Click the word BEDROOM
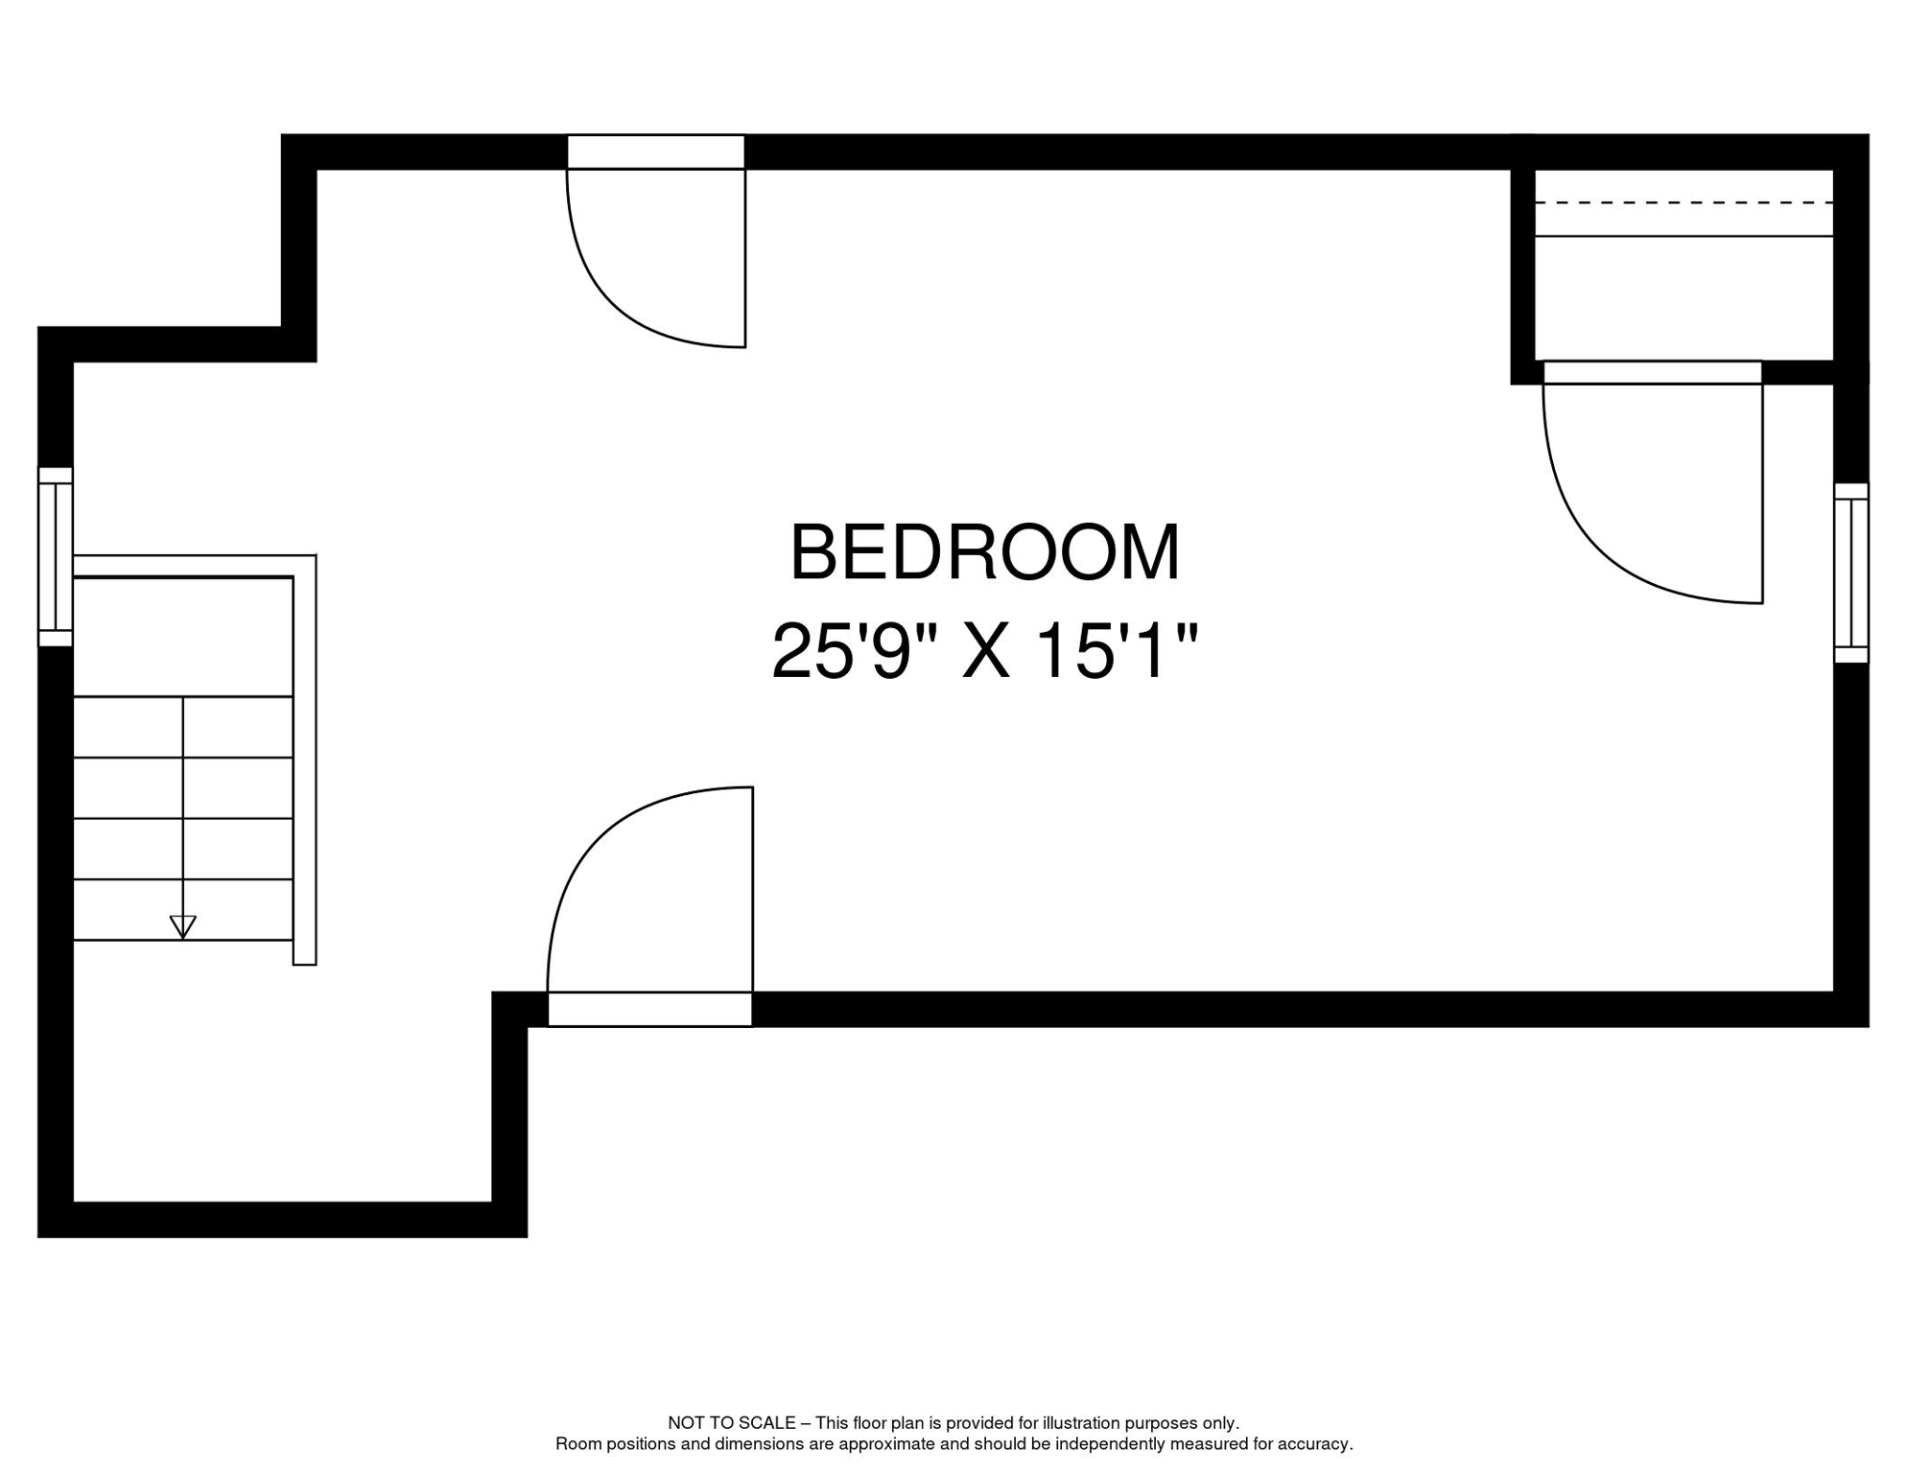click(x=984, y=553)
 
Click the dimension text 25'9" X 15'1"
click(x=984, y=652)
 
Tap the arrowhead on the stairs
click(x=182, y=926)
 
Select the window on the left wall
click(x=56, y=557)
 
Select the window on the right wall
click(x=1850, y=573)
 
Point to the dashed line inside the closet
click(x=1683, y=203)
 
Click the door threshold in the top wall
click(x=656, y=152)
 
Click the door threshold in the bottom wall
click(x=649, y=1009)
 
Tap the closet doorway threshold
click(x=1652, y=372)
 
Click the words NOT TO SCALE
click(x=731, y=1423)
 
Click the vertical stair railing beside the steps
click(x=304, y=767)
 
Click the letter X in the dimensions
click(x=986, y=652)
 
